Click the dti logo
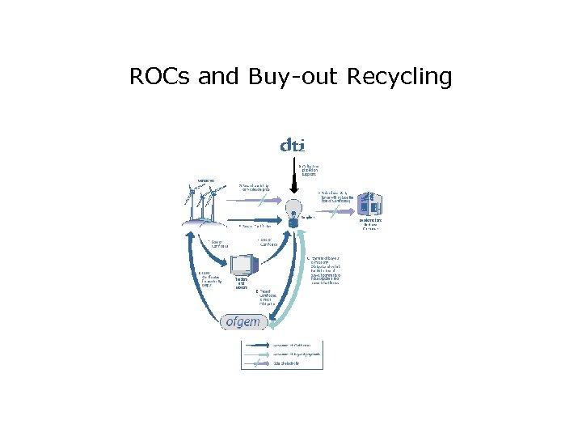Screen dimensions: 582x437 tap(292, 146)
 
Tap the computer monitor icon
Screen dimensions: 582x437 tap(242, 265)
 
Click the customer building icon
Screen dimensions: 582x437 tap(369, 205)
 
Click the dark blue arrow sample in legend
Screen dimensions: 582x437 tap(257, 345)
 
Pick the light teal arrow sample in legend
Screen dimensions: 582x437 tap(257, 354)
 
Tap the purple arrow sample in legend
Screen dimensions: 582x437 tap(257, 363)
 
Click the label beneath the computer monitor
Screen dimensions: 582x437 tap(241, 283)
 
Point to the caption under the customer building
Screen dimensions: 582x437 tap(369, 224)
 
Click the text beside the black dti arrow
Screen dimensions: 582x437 tap(310, 171)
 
